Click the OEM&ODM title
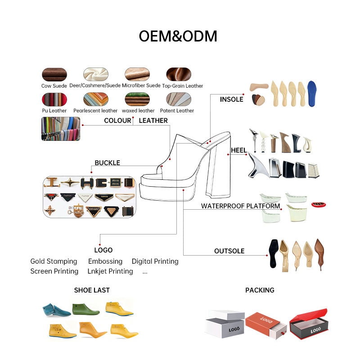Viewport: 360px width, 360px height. tap(178, 36)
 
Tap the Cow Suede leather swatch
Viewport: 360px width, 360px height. tap(54, 74)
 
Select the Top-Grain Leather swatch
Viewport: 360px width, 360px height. tap(179, 74)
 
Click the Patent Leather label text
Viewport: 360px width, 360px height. tap(179, 111)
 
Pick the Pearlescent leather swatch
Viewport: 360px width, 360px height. tap(95, 99)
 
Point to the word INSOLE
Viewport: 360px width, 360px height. tap(231, 99)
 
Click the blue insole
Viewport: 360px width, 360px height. tap(311, 93)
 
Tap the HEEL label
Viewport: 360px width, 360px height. tap(238, 150)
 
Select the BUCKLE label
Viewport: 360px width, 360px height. tap(107, 163)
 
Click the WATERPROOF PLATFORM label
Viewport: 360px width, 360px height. tap(240, 207)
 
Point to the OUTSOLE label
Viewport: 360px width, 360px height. tap(229, 251)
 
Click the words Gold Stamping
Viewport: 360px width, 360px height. tap(54, 261)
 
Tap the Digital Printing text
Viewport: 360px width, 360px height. tap(155, 261)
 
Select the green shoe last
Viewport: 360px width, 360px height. tap(85, 309)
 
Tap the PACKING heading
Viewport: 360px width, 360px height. tap(260, 290)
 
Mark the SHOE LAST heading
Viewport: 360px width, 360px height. tap(92, 290)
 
